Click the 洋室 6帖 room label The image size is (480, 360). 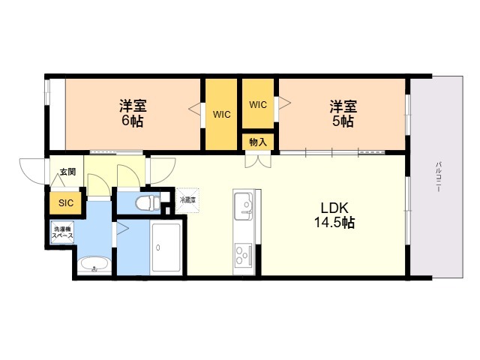tap(133, 113)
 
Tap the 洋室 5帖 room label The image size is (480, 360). tap(343, 113)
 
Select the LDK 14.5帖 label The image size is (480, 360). tap(334, 215)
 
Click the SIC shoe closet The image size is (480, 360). tap(66, 202)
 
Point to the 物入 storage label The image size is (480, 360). tap(258, 142)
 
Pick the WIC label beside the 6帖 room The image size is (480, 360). tap(222, 115)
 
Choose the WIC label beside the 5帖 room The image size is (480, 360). tap(258, 105)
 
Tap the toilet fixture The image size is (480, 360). tap(148, 202)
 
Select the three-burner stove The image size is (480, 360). tap(243, 255)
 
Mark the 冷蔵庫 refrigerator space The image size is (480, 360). tap(187, 200)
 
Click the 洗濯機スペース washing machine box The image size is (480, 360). tap(62, 232)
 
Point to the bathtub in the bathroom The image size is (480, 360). tap(166, 247)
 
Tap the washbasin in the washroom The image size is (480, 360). tap(94, 265)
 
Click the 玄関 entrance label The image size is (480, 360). tap(67, 172)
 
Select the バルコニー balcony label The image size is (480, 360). tap(438, 177)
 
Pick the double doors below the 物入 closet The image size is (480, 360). tap(258, 161)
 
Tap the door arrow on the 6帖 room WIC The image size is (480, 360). tap(195, 109)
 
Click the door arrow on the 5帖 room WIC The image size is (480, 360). tap(284, 103)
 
